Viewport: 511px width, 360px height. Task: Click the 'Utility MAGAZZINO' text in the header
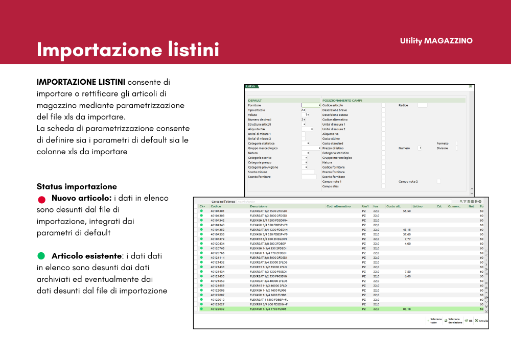(436, 41)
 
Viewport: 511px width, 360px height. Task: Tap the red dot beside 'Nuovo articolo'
(41, 199)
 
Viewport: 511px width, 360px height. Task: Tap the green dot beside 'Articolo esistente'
(41, 255)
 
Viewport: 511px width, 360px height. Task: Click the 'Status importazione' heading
(77, 186)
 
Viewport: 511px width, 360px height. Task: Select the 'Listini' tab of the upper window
(251, 86)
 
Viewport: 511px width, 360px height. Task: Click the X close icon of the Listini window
(471, 86)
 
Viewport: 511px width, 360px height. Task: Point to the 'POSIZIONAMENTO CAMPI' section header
(342, 101)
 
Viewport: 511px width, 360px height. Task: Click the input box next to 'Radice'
(422, 105)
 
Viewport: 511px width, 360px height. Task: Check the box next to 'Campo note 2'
(438, 181)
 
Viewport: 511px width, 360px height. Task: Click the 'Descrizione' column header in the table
(259, 206)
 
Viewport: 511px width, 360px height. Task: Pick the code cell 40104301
(218, 211)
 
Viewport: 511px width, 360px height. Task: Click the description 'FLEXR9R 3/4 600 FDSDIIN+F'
(269, 304)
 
